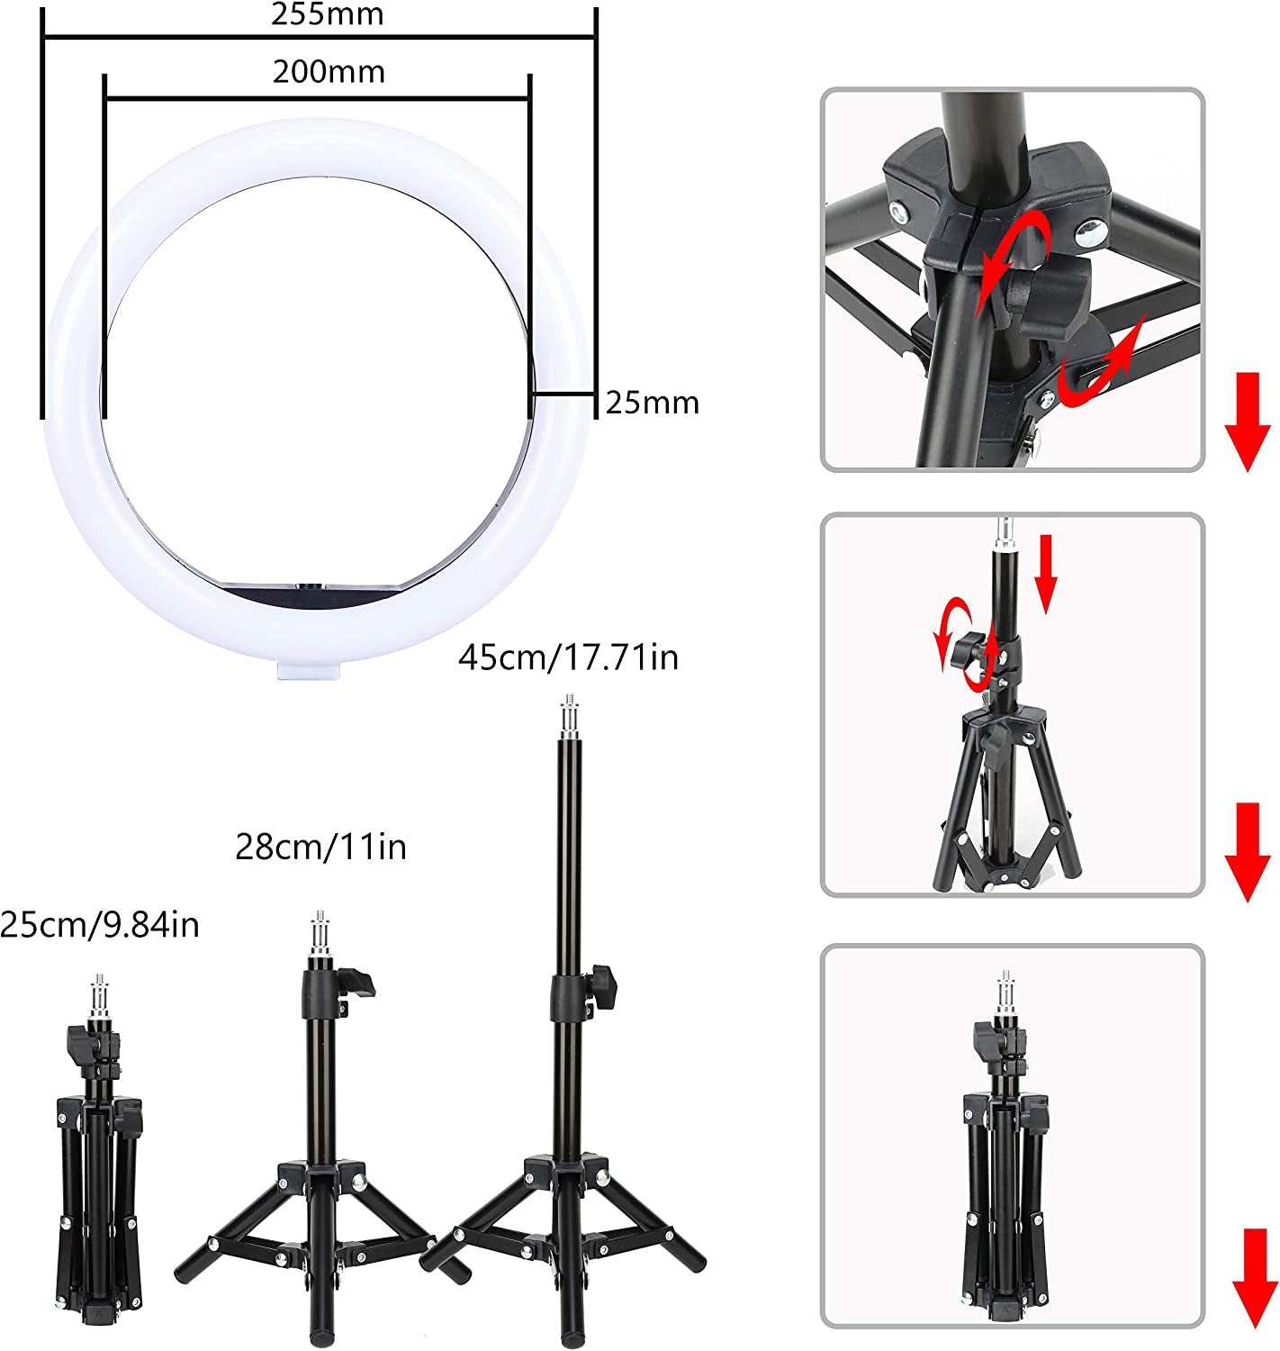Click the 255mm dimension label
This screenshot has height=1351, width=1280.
point(328,15)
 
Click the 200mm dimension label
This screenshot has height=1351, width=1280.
point(329,71)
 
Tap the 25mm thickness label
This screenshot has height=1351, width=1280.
point(652,403)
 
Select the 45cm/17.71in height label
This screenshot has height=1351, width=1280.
point(568,657)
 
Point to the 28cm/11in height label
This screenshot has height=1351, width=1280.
point(320,847)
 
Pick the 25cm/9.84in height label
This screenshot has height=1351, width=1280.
point(100,924)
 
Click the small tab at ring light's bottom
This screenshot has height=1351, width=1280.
point(310,668)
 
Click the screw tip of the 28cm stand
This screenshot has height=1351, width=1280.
point(320,933)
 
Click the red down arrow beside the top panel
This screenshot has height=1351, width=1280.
point(1247,423)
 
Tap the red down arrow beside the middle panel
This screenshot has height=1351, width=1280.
point(1247,851)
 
